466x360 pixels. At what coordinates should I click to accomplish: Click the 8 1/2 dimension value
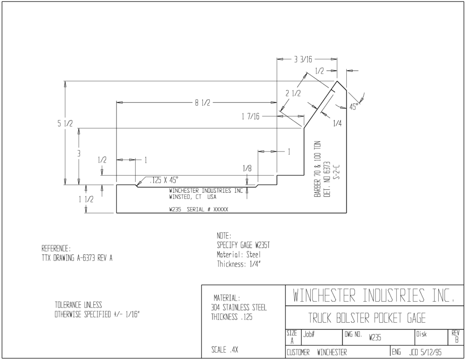(203, 103)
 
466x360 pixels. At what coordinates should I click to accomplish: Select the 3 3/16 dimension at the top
(303, 60)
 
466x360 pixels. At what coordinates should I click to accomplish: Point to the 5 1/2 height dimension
(65, 123)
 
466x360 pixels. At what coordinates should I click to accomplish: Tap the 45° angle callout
(353, 106)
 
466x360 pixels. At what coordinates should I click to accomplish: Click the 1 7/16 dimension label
(250, 116)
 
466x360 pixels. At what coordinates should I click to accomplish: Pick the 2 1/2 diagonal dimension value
(293, 93)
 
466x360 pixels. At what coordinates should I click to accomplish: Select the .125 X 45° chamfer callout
(164, 180)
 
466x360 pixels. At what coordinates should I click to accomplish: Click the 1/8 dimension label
(247, 168)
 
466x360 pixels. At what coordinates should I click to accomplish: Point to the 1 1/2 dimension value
(86, 199)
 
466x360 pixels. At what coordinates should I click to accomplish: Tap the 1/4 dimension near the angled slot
(337, 123)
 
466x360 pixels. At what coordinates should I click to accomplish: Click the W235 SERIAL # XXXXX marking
(199, 209)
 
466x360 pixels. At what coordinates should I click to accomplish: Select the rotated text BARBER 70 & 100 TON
(317, 169)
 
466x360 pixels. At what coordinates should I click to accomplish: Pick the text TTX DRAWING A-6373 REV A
(77, 258)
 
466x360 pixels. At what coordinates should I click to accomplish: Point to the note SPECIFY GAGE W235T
(243, 245)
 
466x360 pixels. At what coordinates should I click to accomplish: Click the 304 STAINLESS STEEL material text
(238, 307)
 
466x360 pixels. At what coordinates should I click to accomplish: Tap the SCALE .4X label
(225, 350)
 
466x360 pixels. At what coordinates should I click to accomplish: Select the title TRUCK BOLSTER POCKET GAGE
(367, 318)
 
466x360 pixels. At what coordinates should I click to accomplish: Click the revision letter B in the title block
(457, 340)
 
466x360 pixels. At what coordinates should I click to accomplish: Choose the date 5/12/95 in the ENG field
(431, 353)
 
